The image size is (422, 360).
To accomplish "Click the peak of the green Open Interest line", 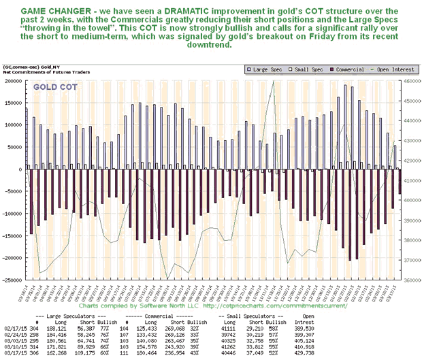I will click(274, 81).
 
